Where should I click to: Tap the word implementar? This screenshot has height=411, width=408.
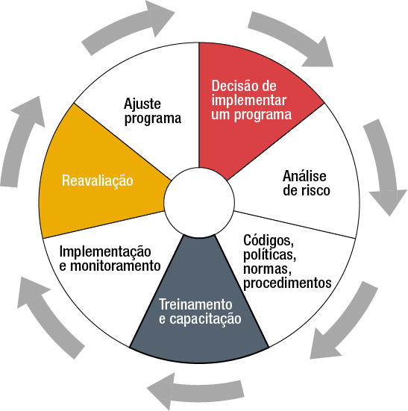[248, 101]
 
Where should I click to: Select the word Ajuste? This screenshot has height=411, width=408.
[142, 104]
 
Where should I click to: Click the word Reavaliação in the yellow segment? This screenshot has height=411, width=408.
[98, 181]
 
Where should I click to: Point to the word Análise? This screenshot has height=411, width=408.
[304, 176]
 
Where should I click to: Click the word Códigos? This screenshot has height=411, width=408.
[269, 241]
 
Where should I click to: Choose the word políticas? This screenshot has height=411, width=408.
[270, 255]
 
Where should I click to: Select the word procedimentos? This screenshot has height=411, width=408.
[287, 283]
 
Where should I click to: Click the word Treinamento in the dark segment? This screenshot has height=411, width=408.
[195, 304]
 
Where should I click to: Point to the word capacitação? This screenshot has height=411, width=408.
[205, 319]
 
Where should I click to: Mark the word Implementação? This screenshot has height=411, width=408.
[105, 252]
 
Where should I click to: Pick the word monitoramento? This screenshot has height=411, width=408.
[116, 266]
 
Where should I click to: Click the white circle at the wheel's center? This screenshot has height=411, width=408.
[199, 203]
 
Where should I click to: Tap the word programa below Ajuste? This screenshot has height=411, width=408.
[153, 119]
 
